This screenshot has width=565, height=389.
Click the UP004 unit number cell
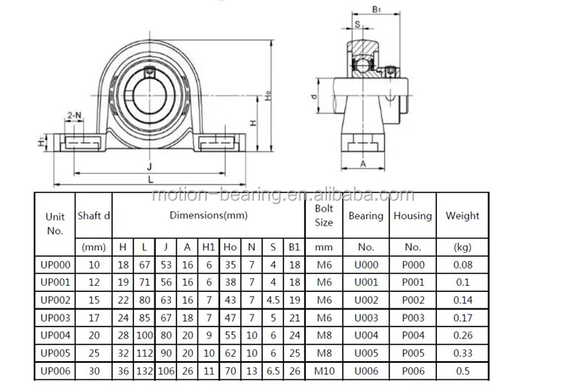tap(55, 336)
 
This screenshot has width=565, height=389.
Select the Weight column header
tap(463, 215)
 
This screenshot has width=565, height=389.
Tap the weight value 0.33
tap(463, 353)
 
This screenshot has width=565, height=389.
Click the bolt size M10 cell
tap(324, 371)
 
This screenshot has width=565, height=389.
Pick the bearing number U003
tap(366, 318)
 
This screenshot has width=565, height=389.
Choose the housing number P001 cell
tap(413, 282)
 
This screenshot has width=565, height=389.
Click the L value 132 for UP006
tap(145, 371)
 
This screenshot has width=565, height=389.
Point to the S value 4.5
tap(273, 300)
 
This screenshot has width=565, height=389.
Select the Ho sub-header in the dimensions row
tap(231, 248)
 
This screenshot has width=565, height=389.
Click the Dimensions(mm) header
tap(209, 215)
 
